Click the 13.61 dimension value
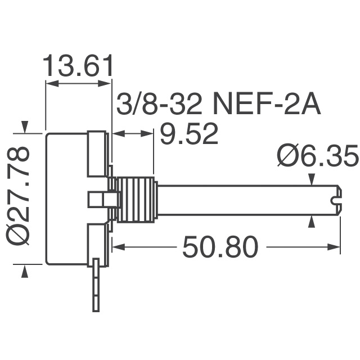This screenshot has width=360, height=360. click(79, 66)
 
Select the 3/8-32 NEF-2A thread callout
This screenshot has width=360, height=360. click(219, 105)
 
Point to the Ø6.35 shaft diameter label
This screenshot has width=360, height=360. click(318, 157)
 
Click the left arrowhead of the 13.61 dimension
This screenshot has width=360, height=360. click(51, 83)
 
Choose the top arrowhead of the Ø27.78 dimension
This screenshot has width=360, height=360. click(24, 128)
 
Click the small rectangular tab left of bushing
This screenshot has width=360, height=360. click(102, 199)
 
